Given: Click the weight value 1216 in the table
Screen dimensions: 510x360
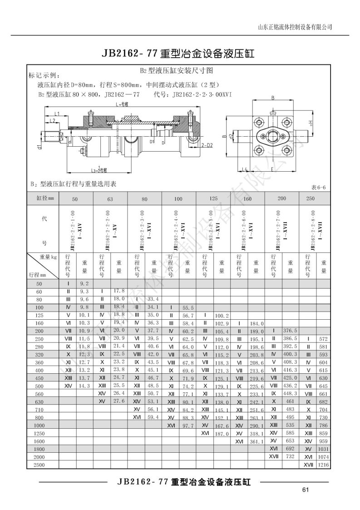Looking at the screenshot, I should coord(324,465).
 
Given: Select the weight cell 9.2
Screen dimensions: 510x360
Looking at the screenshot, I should coord(84,283).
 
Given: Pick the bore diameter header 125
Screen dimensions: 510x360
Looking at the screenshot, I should coord(212,198).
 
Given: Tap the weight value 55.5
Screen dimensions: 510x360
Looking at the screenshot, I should coord(187,307).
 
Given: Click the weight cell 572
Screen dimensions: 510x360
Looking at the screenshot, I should coord(324,338).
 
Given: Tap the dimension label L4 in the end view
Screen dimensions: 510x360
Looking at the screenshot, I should coord(244,169).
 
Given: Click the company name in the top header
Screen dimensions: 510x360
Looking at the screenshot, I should coord(295,26).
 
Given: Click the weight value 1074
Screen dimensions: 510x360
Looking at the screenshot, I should coord(324,457).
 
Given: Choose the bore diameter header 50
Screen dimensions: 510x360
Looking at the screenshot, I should coord(75,198).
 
